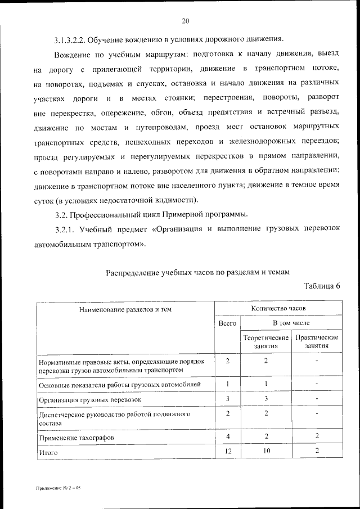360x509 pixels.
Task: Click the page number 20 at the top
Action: point(185,21)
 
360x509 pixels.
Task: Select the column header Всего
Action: point(227,324)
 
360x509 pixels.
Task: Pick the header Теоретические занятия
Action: point(266,342)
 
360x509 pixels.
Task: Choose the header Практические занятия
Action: point(317,342)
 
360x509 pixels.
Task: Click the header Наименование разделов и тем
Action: point(125,309)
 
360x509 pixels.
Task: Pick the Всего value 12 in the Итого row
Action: point(228,451)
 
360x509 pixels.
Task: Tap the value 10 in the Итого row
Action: point(266,451)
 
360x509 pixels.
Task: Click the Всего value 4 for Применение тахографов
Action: point(228,436)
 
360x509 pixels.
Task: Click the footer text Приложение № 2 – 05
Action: point(56,489)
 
